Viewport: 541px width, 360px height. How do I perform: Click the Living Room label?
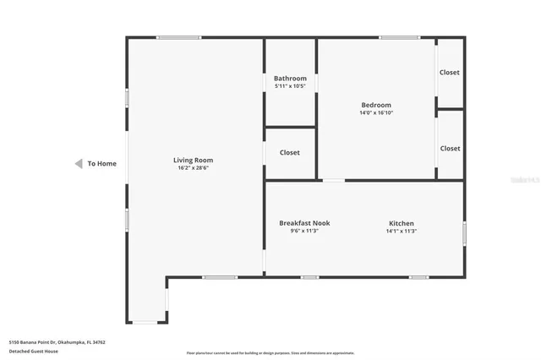click(193, 160)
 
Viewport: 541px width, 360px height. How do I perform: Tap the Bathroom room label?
click(290, 79)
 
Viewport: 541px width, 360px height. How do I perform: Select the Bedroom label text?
click(376, 105)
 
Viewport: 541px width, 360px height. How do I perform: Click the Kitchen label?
click(401, 223)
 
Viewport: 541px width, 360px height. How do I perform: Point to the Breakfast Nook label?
click(304, 223)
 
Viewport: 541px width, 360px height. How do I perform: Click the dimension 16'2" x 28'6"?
click(193, 168)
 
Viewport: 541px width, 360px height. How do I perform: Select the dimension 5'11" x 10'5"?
click(290, 86)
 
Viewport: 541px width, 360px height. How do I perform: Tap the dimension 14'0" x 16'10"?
click(376, 112)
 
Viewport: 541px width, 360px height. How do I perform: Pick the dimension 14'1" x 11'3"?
click(401, 231)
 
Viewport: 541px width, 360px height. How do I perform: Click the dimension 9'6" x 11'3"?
click(304, 231)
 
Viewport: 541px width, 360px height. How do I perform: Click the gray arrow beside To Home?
click(78, 163)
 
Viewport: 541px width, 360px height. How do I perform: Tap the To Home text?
click(102, 163)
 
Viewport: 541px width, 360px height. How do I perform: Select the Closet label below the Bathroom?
click(290, 153)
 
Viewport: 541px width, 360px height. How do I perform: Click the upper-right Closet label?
click(450, 73)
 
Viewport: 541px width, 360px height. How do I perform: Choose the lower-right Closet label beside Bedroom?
click(450, 148)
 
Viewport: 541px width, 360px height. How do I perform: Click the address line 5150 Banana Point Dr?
click(57, 342)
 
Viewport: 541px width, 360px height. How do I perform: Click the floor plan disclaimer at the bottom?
click(270, 353)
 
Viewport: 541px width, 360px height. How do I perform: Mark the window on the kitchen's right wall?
click(464, 232)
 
